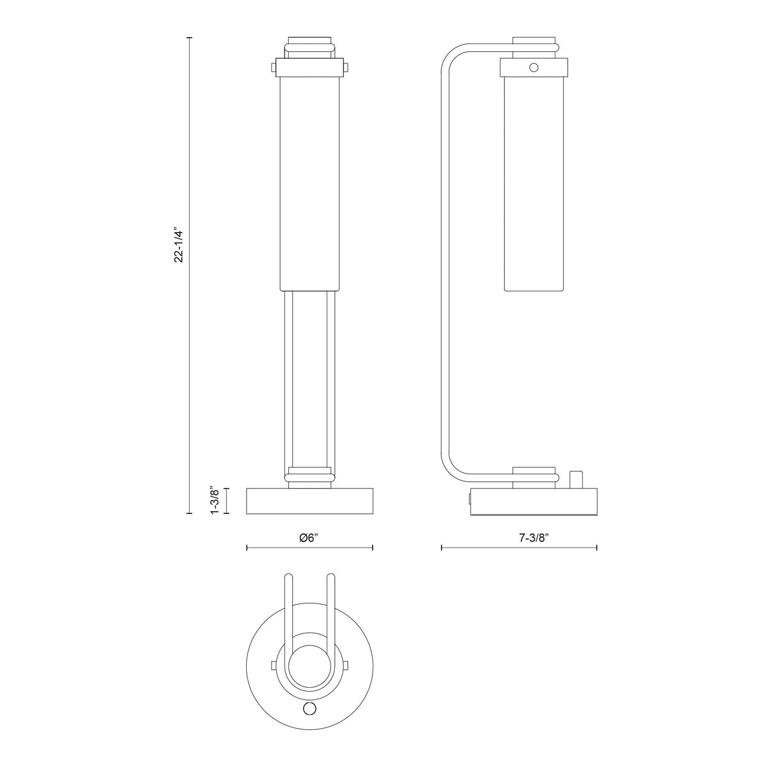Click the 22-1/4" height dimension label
(180, 246)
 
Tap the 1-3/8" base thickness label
(215, 500)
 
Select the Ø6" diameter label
(309, 538)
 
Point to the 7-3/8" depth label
(534, 538)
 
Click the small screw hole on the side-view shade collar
(534, 67)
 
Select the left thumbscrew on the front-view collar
(273, 68)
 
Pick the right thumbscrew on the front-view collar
(346, 68)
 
